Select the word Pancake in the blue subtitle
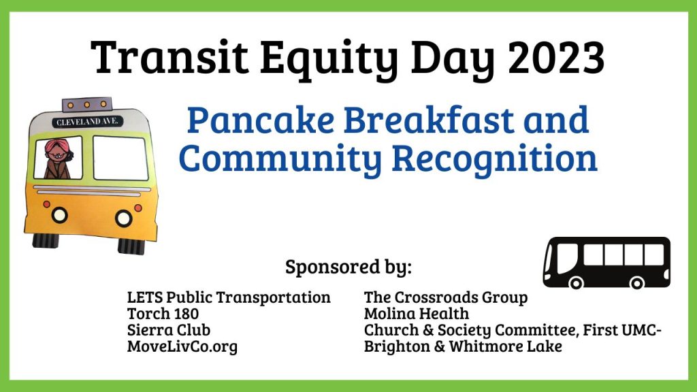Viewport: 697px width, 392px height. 261,120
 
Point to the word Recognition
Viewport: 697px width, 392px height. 494,159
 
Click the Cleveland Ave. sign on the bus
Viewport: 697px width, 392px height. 87,121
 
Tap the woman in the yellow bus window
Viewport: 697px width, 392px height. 59,159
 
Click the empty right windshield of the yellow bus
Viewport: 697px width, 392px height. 120,158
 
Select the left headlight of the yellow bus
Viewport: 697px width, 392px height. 59,215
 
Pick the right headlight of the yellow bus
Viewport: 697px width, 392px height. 124,218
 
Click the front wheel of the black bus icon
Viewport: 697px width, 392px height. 576,282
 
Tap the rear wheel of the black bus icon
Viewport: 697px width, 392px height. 636,282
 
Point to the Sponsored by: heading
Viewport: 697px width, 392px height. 348,267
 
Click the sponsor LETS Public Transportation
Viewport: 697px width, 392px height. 229,297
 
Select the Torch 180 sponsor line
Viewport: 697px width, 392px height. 163,313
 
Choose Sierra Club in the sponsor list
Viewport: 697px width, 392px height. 169,330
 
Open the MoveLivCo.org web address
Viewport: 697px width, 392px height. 182,346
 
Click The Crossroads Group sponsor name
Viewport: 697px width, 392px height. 446,297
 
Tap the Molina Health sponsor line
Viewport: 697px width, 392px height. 417,313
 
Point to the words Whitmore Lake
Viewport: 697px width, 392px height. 506,346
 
